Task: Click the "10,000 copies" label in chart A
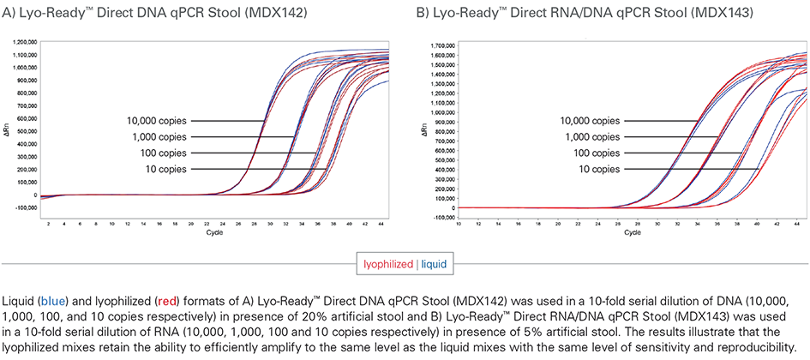[x=155, y=121]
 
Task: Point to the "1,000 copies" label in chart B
[x=591, y=136]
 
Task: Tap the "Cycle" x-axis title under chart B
[x=632, y=232]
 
